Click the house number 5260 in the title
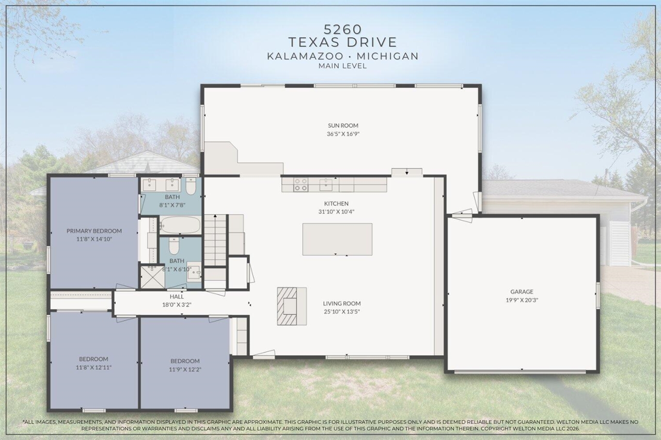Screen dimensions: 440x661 342,28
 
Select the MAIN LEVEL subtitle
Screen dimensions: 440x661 342,66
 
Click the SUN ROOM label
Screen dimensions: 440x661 342,125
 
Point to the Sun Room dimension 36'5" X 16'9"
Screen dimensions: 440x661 342,134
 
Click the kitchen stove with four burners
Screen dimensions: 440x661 301,185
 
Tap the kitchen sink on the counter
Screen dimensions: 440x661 326,184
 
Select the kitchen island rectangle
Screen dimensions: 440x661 337,239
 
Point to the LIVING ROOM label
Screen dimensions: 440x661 342,303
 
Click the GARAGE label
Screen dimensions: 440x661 522,291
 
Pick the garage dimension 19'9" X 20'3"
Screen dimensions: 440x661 522,300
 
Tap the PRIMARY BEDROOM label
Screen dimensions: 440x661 94,231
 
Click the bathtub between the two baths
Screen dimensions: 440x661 180,225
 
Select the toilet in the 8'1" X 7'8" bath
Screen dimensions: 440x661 191,186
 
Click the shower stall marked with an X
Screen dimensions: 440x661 152,276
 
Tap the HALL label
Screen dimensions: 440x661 177,297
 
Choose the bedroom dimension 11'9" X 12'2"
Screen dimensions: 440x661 185,369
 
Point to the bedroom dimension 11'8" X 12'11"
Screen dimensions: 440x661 93,367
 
